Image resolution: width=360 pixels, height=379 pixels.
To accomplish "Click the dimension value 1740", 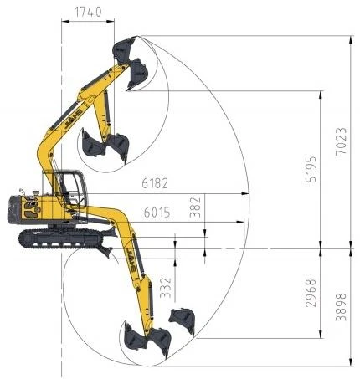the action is pos(88,12).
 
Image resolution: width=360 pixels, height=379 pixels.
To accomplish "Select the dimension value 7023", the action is pos(341,141).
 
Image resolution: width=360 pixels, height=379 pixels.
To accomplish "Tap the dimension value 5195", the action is pos(311,169).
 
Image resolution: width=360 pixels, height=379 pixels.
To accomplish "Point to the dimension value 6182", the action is pos(155,183).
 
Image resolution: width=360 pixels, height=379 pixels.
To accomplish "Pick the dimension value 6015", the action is pos(157,213).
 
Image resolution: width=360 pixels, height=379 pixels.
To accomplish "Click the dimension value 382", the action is pos(195,207).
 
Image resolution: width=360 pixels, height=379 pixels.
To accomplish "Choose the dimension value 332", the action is pos(166,288).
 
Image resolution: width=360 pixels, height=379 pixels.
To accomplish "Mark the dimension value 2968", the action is pos(311,293).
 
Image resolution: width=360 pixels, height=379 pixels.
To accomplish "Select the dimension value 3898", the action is pos(341,307).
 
